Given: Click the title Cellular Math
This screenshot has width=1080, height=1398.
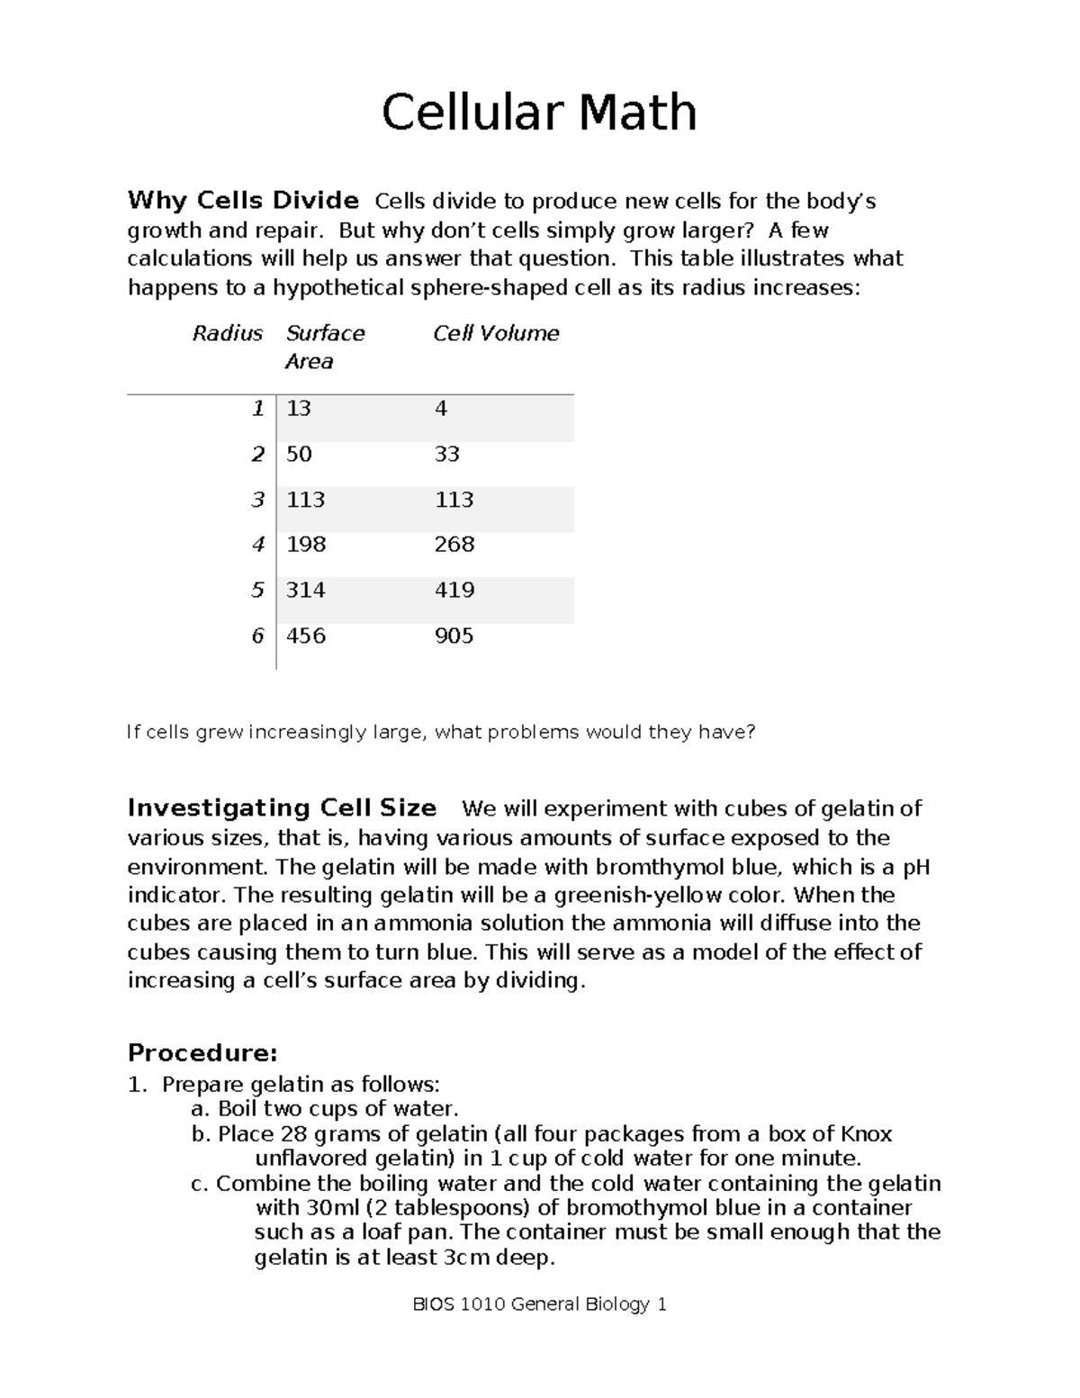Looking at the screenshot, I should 539,113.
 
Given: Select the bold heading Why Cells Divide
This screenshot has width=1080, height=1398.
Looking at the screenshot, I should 243,200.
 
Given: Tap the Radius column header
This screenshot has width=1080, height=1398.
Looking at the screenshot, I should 228,333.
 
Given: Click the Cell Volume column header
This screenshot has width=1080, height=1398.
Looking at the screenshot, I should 496,333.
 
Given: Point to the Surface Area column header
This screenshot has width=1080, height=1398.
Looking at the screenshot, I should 324,347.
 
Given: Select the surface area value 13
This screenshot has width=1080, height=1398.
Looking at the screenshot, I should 299,409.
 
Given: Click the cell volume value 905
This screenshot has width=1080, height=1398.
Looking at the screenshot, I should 454,636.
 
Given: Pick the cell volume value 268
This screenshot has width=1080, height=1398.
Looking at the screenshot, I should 454,545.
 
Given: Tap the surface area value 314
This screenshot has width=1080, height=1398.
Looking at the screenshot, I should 305,590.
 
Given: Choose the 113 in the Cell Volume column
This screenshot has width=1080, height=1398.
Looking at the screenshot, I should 454,500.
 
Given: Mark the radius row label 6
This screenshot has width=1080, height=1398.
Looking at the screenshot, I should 257,636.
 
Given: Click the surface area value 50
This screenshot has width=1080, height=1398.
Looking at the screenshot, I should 299,454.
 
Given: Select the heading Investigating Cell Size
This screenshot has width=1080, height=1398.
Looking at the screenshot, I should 282,807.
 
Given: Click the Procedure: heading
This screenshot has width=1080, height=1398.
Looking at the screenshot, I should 202,1052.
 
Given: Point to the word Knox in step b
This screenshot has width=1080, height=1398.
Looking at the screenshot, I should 866,1133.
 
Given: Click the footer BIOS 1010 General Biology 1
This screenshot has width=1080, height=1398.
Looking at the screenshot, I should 539,1303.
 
